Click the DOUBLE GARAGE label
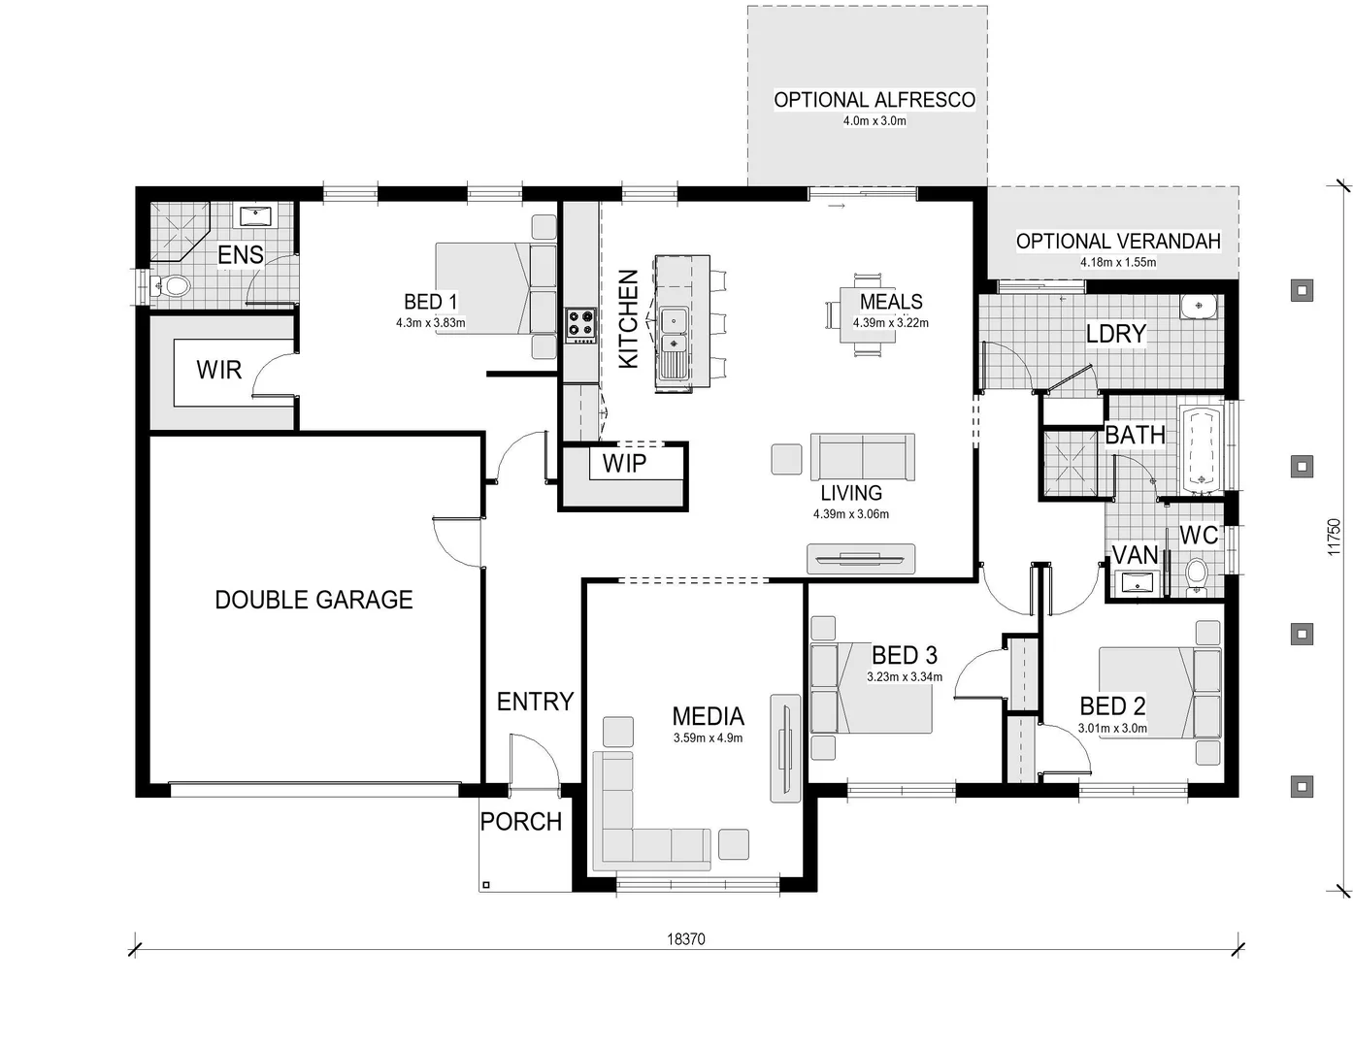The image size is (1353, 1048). tap(313, 600)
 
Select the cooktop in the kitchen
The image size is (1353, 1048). tap(580, 323)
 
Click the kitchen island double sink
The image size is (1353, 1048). tap(673, 331)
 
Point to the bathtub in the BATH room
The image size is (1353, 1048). tap(1202, 448)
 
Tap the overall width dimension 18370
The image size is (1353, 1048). tap(686, 938)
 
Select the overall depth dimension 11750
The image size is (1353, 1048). tap(1334, 537)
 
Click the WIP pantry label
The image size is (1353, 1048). tap(624, 464)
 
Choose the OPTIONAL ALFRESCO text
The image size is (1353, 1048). tap(874, 100)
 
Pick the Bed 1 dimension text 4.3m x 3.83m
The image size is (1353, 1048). tap(430, 323)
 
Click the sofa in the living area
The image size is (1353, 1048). tap(862, 456)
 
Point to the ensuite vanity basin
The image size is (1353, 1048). tap(256, 215)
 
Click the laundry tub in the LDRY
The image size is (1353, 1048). tap(1200, 308)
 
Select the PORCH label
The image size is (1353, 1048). tap(521, 822)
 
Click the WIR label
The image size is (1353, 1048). tap(218, 370)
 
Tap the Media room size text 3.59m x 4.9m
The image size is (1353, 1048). tap(708, 738)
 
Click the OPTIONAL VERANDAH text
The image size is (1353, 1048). tap(1118, 242)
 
